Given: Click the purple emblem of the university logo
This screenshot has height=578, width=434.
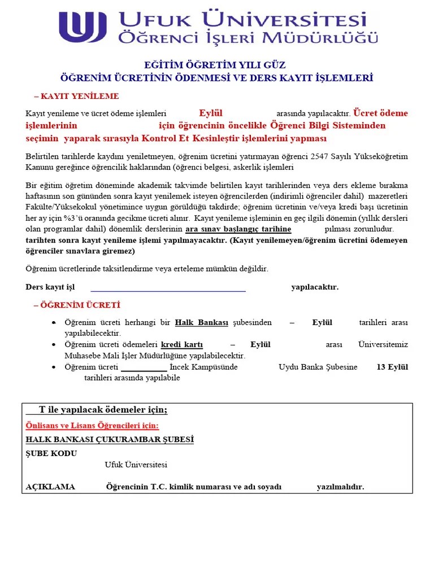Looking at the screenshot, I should [x=83, y=27].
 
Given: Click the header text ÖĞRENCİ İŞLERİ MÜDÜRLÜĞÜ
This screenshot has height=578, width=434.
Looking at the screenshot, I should [x=248, y=38].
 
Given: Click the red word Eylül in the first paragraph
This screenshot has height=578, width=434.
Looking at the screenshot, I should [x=211, y=112].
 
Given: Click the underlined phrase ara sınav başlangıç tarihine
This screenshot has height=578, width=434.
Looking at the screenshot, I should [x=238, y=229].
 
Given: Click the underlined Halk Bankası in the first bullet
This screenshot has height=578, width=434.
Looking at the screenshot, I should [x=202, y=322].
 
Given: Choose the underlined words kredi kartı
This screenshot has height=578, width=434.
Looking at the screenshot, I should [x=182, y=344].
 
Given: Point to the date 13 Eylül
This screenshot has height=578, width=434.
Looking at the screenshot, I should [x=392, y=367].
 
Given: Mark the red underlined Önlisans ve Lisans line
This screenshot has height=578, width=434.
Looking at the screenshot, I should [x=93, y=426].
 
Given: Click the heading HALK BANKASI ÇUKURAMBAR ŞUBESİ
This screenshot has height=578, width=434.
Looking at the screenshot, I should [x=110, y=439].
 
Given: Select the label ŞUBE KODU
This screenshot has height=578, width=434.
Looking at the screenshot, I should [x=51, y=453].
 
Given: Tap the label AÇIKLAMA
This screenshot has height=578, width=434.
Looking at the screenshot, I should [x=50, y=487].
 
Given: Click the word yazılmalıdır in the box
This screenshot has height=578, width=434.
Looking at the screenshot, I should [x=340, y=487].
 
